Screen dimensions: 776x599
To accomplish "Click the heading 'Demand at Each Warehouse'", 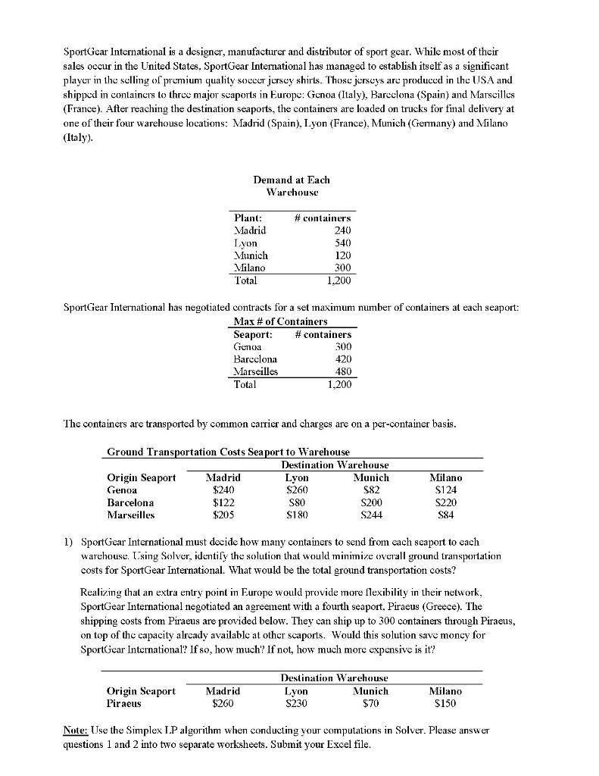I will click(x=292, y=185).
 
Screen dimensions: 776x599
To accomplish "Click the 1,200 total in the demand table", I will click(x=338, y=280).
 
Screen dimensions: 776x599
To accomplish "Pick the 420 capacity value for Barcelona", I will click(x=342, y=359).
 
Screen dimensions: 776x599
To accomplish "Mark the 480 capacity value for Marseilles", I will click(x=342, y=371).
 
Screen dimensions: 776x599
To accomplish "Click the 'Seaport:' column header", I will click(x=253, y=334).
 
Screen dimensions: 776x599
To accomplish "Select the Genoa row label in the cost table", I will click(x=122, y=490).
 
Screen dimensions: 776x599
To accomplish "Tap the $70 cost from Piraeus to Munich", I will click(x=371, y=703).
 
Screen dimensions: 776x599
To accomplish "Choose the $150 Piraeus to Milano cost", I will click(x=446, y=703).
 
